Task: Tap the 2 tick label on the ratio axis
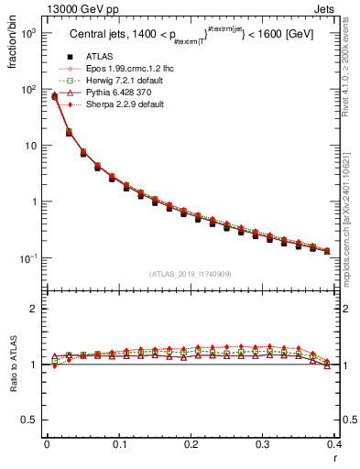pos(35,310)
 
